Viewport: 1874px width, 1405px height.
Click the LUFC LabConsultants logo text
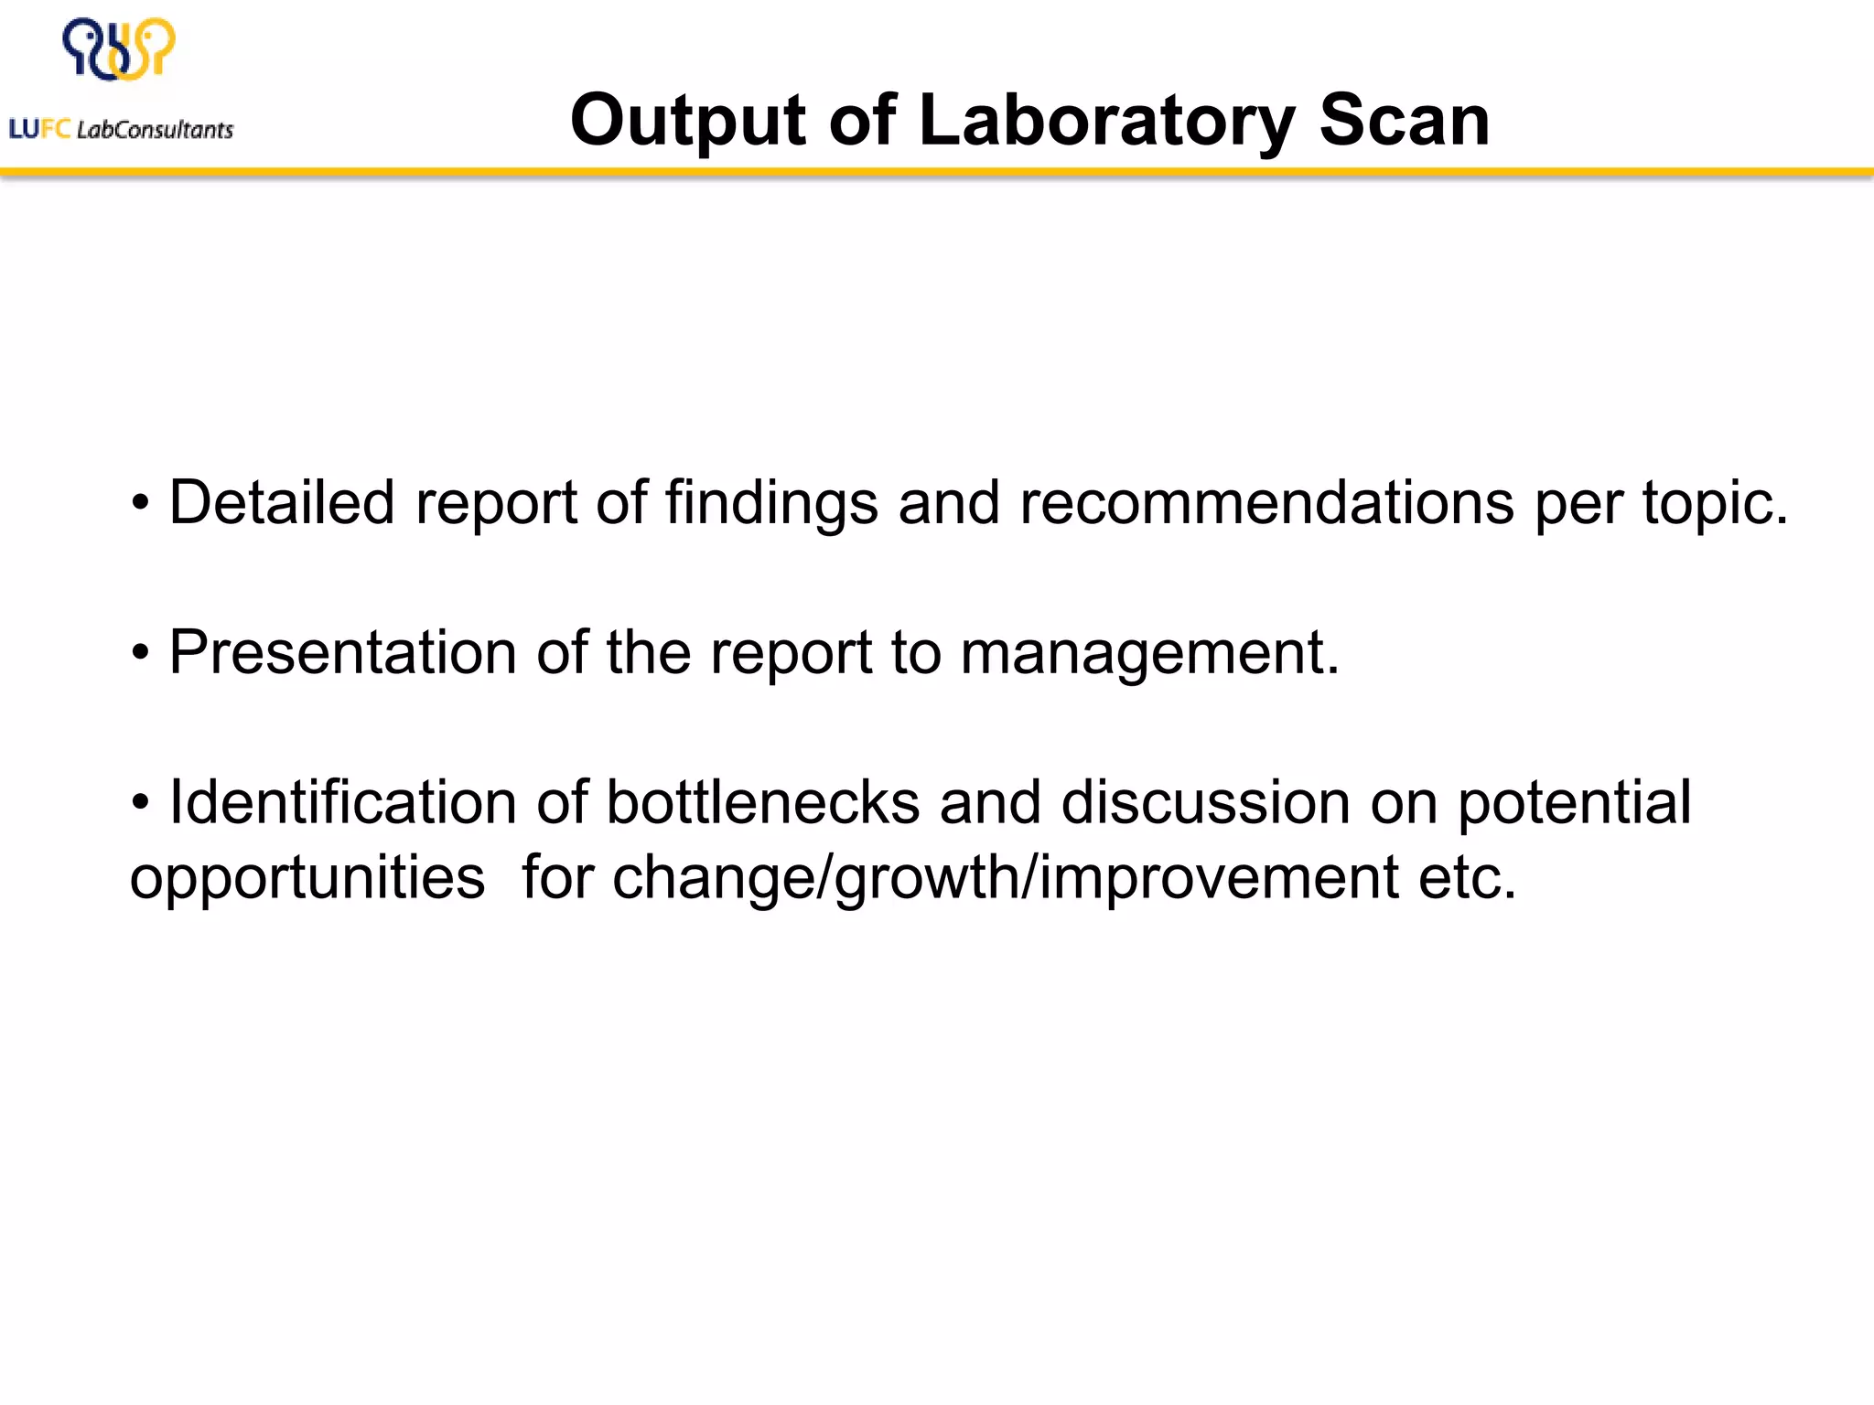click(x=121, y=130)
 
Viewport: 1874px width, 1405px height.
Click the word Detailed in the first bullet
click(x=282, y=502)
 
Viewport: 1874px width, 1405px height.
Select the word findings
click(x=771, y=502)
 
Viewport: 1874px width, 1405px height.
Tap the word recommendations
click(x=1267, y=502)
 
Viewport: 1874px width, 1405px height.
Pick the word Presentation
click(x=343, y=652)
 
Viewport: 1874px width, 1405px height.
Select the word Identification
click(x=343, y=802)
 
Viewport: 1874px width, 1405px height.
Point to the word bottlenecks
click(x=763, y=802)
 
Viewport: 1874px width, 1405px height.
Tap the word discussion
click(x=1205, y=802)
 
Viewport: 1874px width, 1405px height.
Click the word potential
click(x=1574, y=802)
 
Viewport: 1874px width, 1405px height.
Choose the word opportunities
click(x=307, y=878)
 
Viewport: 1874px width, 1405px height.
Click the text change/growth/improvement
click(x=1005, y=878)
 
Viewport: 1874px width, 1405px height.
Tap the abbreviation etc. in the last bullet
click(x=1468, y=878)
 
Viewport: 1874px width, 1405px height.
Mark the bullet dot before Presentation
click(x=140, y=653)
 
